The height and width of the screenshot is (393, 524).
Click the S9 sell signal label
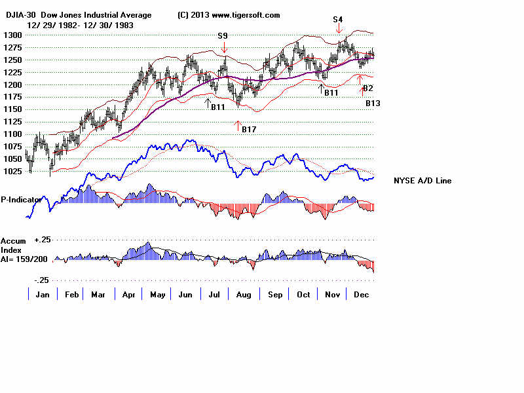pos(224,35)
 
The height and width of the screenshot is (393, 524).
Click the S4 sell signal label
pos(338,20)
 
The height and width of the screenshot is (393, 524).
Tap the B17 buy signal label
pos(249,130)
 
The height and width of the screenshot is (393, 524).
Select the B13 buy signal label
pos(373,103)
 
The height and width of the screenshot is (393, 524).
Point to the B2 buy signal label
pos(368,88)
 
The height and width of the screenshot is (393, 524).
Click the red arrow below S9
pos(224,47)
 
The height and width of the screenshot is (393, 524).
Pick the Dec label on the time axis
pos(362,295)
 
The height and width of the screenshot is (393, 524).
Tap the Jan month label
pos(43,295)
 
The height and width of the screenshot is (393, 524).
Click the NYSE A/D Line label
pos(422,181)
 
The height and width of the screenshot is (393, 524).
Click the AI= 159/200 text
pos(24,258)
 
